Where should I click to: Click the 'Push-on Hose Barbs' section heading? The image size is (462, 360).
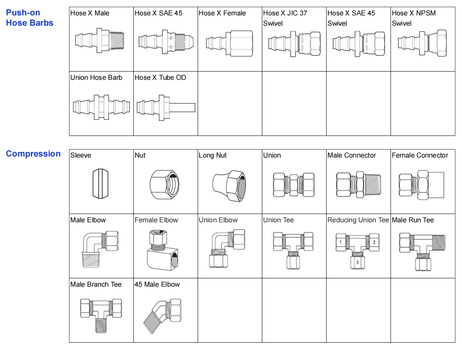(x=29, y=18)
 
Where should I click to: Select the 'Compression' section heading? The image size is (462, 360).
(x=33, y=154)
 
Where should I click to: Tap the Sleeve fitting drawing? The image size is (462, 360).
(x=100, y=183)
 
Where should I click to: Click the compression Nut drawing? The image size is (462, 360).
(x=165, y=184)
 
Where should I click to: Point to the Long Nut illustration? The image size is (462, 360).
(x=229, y=185)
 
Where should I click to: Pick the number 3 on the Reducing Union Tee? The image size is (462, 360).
(x=357, y=262)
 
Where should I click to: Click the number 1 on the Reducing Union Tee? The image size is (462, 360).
(x=340, y=242)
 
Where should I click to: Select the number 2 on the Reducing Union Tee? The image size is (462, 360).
(x=374, y=242)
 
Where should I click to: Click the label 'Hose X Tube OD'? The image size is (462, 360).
(x=160, y=78)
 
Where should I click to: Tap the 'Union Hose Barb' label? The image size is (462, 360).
(x=96, y=78)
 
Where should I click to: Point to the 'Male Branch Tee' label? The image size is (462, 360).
(x=96, y=285)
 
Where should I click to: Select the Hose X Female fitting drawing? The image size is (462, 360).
(x=229, y=44)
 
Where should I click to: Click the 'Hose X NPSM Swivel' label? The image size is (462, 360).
(x=414, y=18)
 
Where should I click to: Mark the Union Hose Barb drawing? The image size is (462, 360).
(x=101, y=107)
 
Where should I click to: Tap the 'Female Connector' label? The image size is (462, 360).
(x=420, y=156)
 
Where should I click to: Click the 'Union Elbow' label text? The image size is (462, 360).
(x=218, y=220)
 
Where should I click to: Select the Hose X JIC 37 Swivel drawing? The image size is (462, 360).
(x=294, y=44)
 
